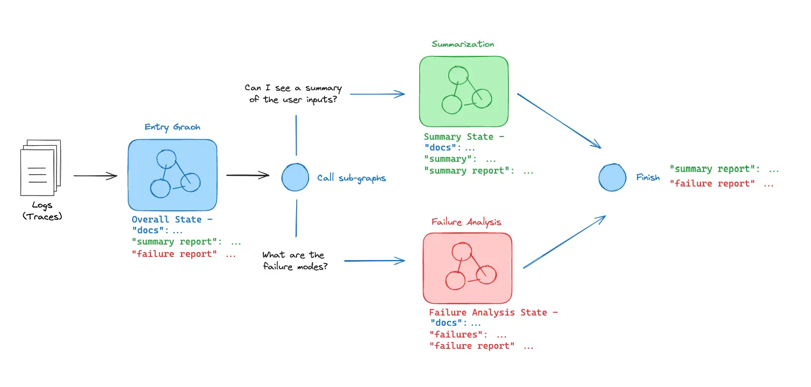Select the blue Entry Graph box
(x=173, y=175)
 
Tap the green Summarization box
(x=464, y=91)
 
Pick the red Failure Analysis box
(x=467, y=267)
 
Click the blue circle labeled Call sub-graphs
(x=295, y=177)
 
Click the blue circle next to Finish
(x=612, y=177)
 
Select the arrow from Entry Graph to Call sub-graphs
(x=247, y=175)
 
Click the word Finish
(x=648, y=177)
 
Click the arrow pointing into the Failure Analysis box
(x=374, y=261)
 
